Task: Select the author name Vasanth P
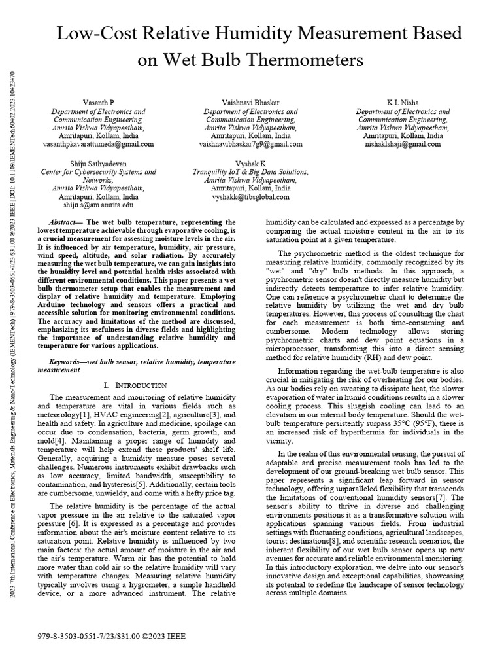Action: click(99, 103)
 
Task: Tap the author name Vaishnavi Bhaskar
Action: click(251, 103)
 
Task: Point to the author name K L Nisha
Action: click(403, 103)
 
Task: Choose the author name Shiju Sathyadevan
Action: click(99, 163)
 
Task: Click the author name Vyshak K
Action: click(251, 163)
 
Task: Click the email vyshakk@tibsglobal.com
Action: click(251, 196)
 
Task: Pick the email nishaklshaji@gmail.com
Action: click(403, 144)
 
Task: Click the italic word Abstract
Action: click(64, 223)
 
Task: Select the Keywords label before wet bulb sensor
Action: click(69, 362)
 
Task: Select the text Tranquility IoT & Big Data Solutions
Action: click(251, 172)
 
